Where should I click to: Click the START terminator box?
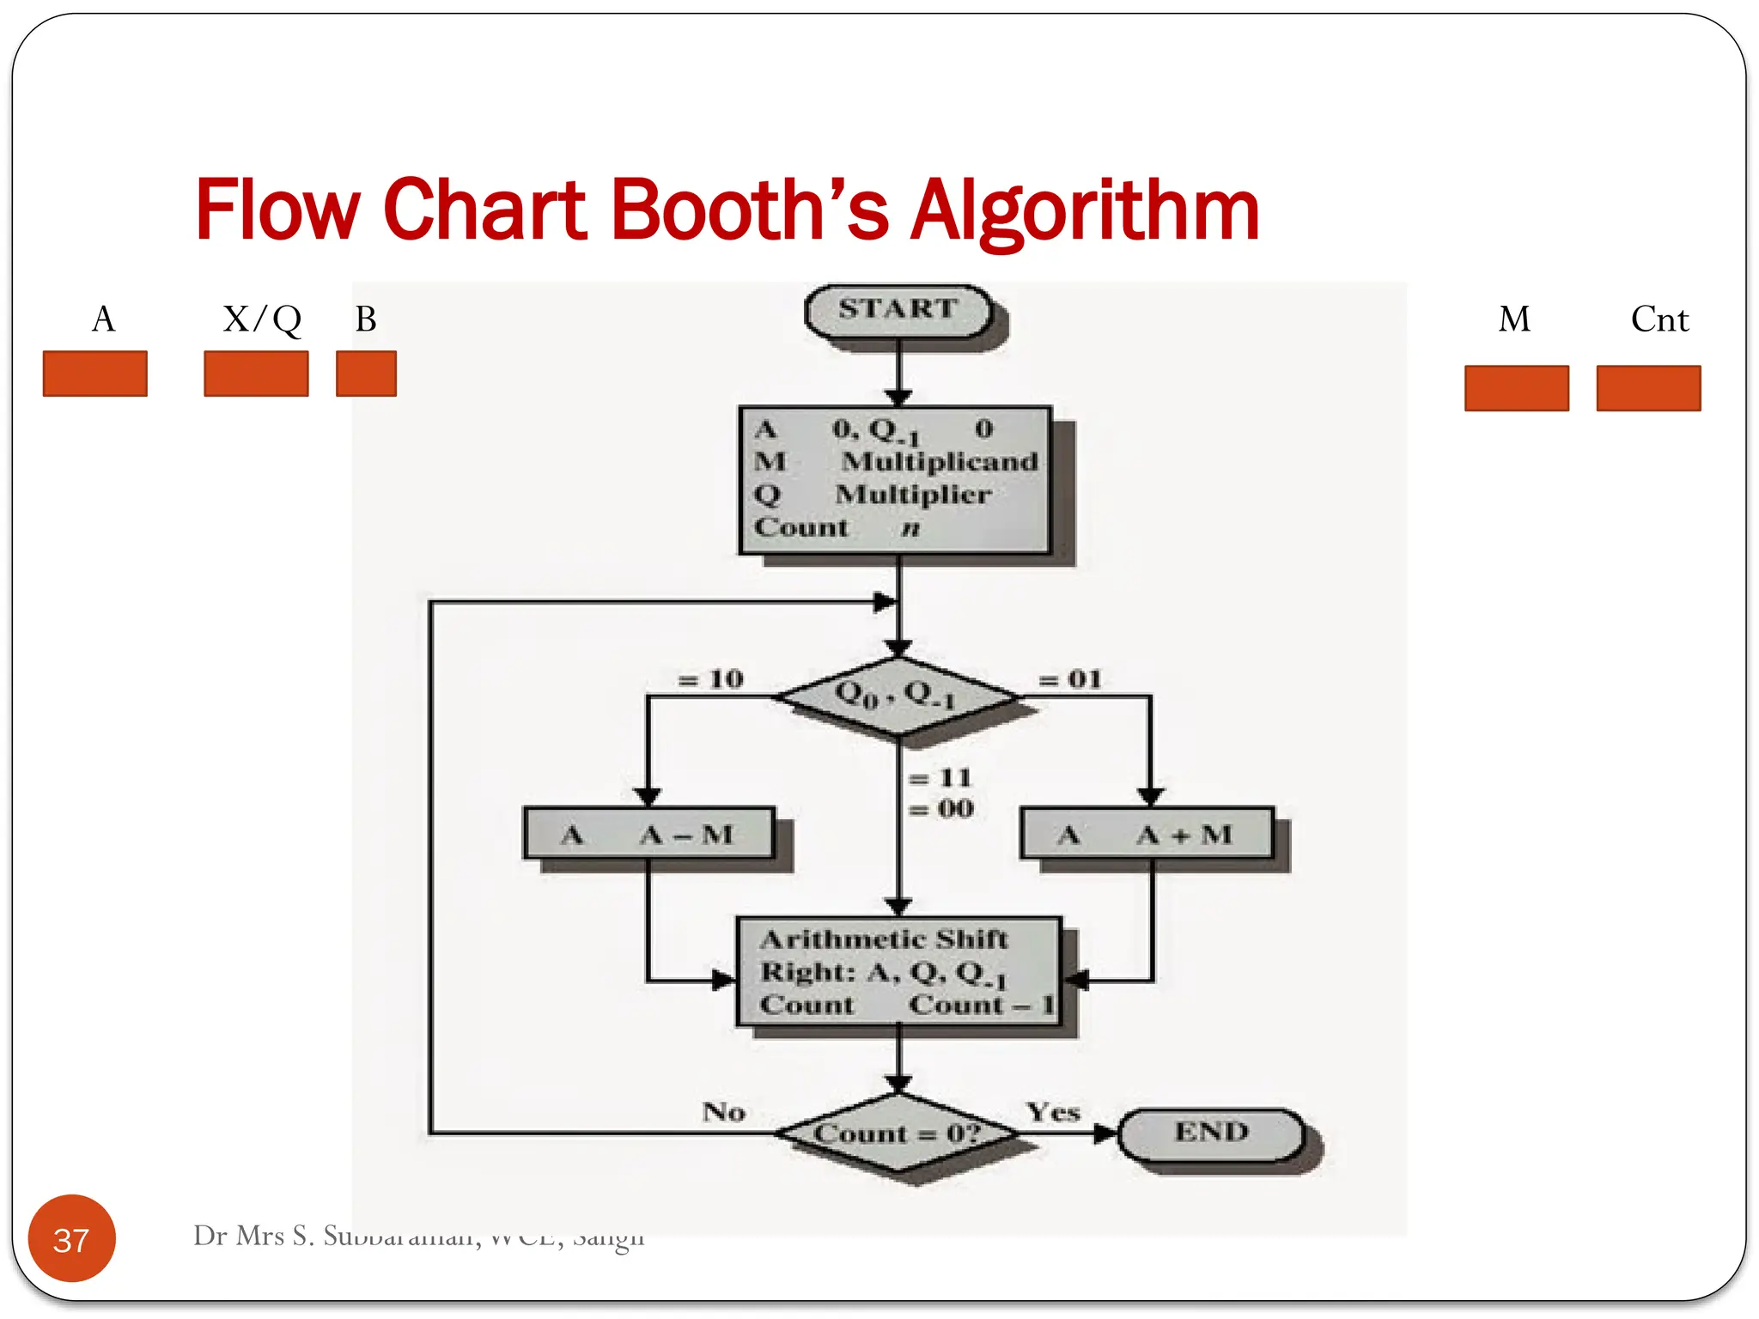coord(898,310)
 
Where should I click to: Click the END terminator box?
coord(1211,1134)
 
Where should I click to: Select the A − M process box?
coord(648,834)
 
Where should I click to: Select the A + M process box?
coord(1147,834)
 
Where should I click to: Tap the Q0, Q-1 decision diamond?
coord(898,695)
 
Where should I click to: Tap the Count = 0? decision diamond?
coord(898,1134)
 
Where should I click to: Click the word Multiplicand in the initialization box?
coord(940,462)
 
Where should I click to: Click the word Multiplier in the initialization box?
coord(913,495)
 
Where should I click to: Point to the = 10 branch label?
coord(710,679)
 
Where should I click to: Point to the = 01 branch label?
coord(1070,679)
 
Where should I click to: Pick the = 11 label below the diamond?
coord(940,778)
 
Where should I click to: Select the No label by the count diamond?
coord(723,1112)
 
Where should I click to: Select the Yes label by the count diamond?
coord(1053,1112)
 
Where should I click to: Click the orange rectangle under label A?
coord(94,374)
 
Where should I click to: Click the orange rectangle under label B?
coord(366,374)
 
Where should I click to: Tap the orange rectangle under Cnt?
coord(1648,388)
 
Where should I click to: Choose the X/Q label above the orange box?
coord(262,319)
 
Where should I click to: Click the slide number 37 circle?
coord(71,1238)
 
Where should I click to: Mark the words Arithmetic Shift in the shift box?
coord(884,939)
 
